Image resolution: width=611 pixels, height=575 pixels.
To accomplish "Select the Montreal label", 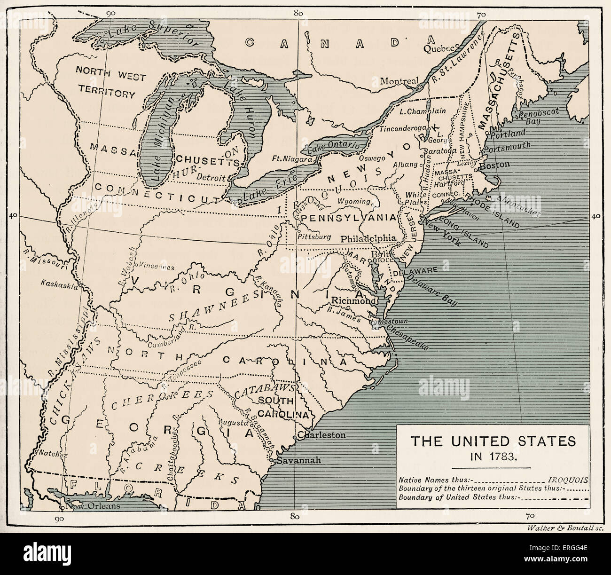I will point(399,81).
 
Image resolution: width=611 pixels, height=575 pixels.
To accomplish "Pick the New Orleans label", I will point(93,506).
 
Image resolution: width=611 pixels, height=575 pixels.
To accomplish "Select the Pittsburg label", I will point(314,236).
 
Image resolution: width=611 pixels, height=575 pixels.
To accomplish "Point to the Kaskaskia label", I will point(59,284).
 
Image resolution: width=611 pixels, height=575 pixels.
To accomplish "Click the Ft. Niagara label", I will point(292,159).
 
